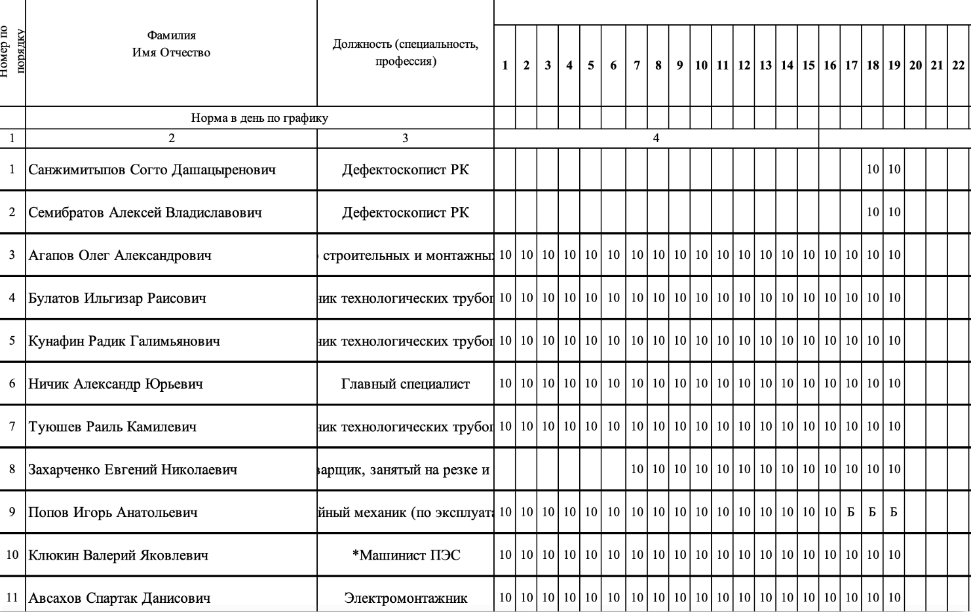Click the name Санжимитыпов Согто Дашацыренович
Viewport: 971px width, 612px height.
click(152, 170)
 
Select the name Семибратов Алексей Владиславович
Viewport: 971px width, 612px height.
click(145, 212)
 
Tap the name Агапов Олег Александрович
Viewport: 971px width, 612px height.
click(120, 256)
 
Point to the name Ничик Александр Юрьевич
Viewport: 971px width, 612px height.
click(115, 384)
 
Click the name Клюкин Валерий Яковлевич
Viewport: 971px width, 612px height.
click(118, 556)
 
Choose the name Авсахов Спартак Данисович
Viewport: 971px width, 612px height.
click(119, 598)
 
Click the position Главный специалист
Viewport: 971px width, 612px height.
click(405, 384)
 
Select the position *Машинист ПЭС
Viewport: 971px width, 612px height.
click(406, 556)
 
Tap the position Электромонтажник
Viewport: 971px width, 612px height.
click(406, 598)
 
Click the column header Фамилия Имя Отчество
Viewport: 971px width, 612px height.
click(171, 44)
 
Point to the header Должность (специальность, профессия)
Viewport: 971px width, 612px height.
click(405, 52)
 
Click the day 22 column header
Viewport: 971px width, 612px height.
click(958, 65)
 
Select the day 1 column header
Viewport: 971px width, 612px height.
click(505, 65)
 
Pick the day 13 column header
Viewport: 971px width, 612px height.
click(765, 65)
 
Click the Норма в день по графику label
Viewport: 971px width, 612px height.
click(259, 118)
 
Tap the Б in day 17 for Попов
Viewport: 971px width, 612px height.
click(850, 512)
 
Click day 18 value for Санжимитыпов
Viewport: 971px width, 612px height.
click(873, 169)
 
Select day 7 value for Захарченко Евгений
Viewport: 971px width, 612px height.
click(637, 469)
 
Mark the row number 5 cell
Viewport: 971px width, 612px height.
click(12, 341)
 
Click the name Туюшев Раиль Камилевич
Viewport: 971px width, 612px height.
click(112, 427)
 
